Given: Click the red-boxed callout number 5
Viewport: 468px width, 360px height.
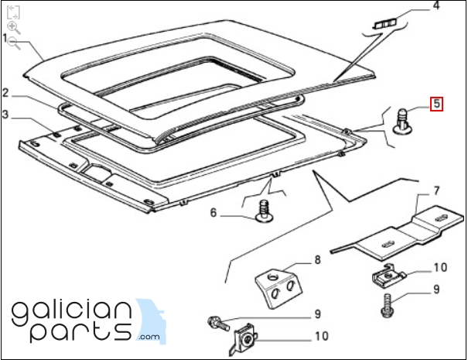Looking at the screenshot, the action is [x=436, y=104].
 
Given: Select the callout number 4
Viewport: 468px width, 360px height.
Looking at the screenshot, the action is [x=436, y=5].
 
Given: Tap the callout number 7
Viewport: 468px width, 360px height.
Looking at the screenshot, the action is [x=436, y=191].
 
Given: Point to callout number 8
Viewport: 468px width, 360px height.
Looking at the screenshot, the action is [x=317, y=259].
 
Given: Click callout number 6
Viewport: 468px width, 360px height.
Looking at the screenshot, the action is [x=213, y=213].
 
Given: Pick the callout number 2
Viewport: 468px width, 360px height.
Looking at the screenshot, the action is [x=5, y=93].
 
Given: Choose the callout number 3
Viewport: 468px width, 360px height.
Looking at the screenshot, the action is [x=5, y=115].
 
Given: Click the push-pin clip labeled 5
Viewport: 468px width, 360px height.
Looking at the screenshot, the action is [x=401, y=121].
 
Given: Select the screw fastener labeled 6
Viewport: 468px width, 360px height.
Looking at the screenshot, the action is [x=264, y=211].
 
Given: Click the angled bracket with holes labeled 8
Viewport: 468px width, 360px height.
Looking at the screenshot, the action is [x=278, y=288].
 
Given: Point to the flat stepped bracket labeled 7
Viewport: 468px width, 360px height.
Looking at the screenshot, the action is [x=398, y=233].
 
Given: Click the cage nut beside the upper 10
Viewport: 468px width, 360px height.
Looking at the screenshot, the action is [x=387, y=276].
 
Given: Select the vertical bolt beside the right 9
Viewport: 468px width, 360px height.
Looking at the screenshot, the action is [x=386, y=305].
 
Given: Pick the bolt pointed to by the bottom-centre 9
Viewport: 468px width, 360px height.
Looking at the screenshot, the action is [x=218, y=324].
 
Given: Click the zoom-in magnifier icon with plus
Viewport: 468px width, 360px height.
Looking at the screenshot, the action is [x=13, y=28].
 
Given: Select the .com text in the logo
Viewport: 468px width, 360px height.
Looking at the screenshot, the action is [x=149, y=338].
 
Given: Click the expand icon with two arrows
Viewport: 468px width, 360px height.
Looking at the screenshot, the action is [x=13, y=12].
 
